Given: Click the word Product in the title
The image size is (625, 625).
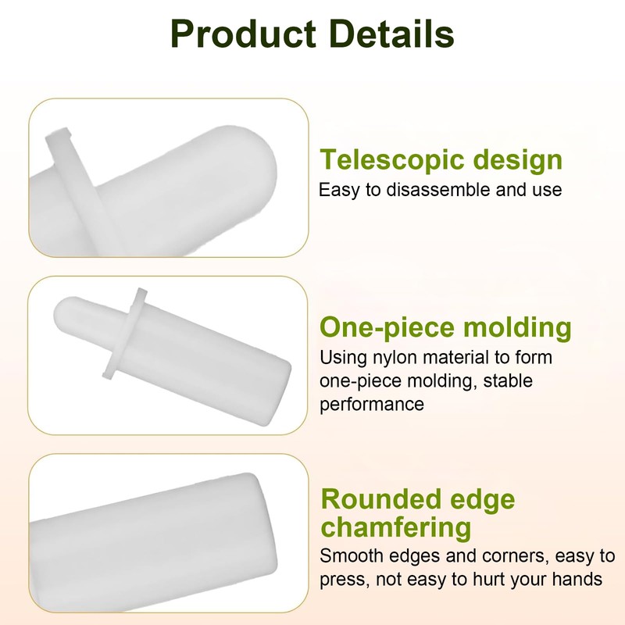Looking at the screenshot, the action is click(243, 34).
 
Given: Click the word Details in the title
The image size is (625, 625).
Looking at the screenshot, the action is click(392, 34).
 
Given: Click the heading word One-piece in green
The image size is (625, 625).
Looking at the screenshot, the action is click(387, 328).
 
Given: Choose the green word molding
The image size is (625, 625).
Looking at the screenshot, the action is click(517, 328).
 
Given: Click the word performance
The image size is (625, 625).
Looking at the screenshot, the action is click(372, 405).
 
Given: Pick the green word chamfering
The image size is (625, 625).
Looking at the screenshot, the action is click(396, 528).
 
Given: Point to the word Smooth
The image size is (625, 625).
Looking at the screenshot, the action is click(351, 555).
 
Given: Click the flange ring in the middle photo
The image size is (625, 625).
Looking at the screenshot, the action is click(124, 334).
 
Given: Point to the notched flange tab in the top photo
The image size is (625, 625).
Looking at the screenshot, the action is click(59, 136).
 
